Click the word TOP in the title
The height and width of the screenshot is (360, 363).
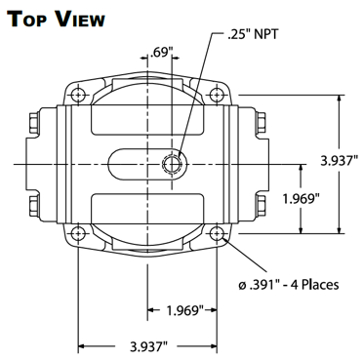(x=28, y=20)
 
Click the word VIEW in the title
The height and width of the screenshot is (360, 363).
(x=80, y=20)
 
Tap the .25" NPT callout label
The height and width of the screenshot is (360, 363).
(x=253, y=35)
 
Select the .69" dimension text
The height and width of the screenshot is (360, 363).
(x=159, y=52)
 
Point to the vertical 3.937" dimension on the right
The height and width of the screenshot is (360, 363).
(x=340, y=161)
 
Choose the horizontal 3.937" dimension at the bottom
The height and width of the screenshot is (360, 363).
(x=148, y=346)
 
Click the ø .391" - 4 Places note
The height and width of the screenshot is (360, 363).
(x=288, y=285)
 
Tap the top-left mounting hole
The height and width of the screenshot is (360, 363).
(x=78, y=95)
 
